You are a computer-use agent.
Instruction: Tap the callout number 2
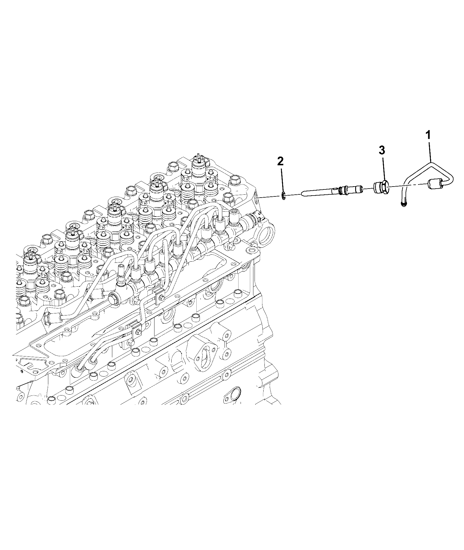click(280, 161)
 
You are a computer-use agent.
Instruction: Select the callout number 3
click(382, 150)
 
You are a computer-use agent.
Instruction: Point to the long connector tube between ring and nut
click(332, 192)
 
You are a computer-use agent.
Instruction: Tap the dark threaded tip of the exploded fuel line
click(403, 205)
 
